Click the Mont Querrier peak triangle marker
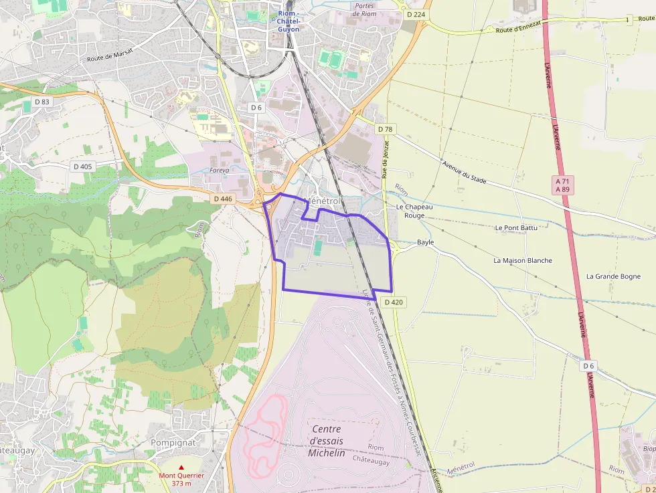click(181, 468)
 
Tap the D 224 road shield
click(416, 13)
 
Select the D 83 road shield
click(42, 102)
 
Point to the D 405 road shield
click(84, 167)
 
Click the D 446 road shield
click(223, 199)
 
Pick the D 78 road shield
click(384, 129)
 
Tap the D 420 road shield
click(394, 302)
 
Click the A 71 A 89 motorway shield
click(564, 185)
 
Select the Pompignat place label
click(173, 443)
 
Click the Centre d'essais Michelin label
click(326, 441)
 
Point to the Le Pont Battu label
click(516, 228)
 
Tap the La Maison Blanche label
click(523, 260)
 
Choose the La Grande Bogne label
click(613, 276)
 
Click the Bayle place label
click(425, 242)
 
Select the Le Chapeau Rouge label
click(414, 211)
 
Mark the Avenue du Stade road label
click(464, 173)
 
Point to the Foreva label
click(220, 171)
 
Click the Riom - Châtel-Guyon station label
click(289, 21)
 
